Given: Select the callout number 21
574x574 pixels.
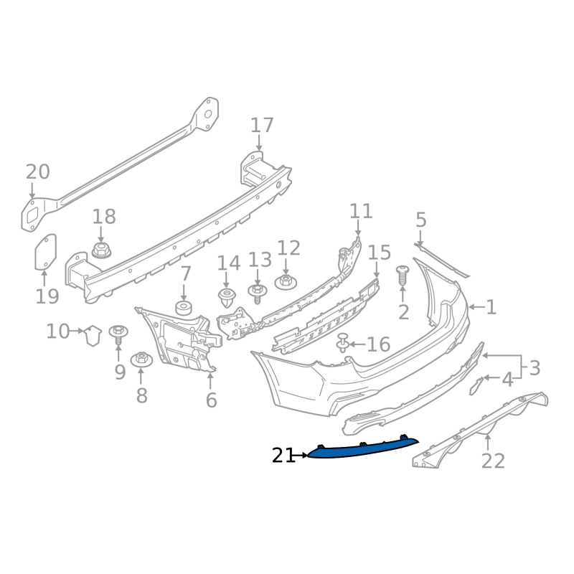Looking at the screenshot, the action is tap(283, 456).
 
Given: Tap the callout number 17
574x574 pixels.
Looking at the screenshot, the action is tap(262, 126).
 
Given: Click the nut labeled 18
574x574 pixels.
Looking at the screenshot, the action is tap(101, 250).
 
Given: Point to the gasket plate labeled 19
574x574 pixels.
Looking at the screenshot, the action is tap(45, 253).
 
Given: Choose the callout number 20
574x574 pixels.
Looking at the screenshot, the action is tap(38, 172).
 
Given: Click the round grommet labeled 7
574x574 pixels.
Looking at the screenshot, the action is tap(184, 308).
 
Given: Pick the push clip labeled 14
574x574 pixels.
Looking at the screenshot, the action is tap(227, 297).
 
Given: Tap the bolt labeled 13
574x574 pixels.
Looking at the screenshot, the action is tap(258, 293).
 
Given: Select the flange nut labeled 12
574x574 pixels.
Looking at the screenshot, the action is tap(286, 282).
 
